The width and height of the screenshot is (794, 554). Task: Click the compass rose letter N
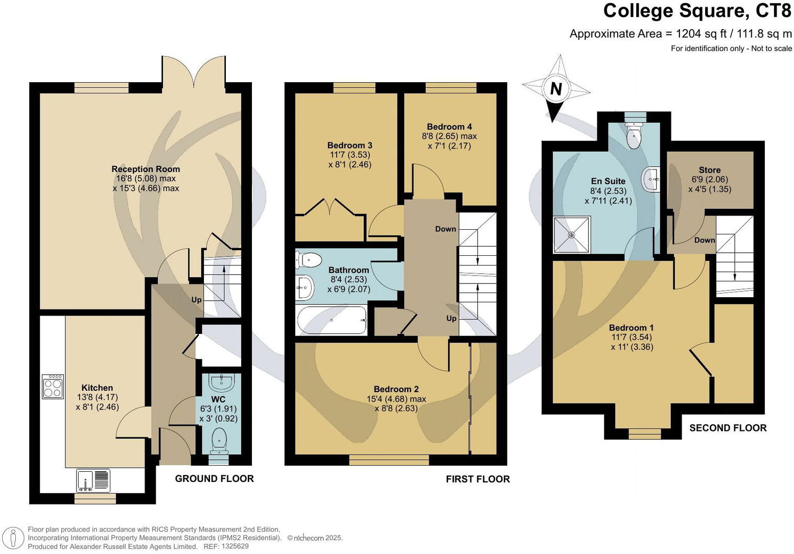click(556, 89)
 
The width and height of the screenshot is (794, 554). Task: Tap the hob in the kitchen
click(53, 387)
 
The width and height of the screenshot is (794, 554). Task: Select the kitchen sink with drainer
click(93, 480)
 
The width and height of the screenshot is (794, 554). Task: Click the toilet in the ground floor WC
click(220, 441)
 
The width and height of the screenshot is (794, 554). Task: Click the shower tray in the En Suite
click(572, 235)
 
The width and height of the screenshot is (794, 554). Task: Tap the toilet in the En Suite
click(634, 135)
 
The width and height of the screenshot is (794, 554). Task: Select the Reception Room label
click(146, 169)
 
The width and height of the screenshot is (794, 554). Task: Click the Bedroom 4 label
click(449, 127)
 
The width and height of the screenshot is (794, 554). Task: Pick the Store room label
click(710, 170)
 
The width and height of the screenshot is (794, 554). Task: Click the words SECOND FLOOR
click(728, 428)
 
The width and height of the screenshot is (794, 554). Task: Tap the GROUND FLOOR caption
click(214, 478)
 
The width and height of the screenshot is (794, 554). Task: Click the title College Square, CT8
click(697, 11)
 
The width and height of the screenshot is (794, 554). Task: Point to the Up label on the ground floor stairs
click(196, 300)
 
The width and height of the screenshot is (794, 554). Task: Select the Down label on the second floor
click(705, 240)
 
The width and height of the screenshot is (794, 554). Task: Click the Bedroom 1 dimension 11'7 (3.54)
click(632, 337)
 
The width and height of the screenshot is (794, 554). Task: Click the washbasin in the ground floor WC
click(222, 381)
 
